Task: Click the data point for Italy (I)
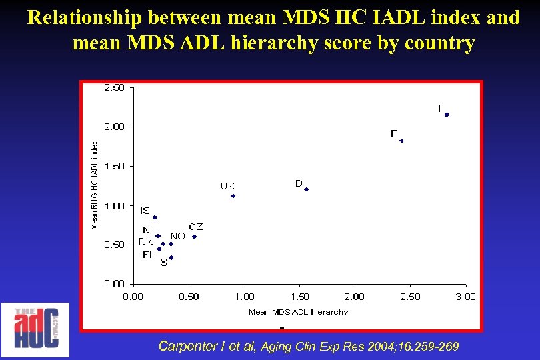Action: [x=447, y=115]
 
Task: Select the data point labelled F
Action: [x=402, y=141]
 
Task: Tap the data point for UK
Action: [x=233, y=196]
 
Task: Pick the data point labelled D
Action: [x=307, y=189]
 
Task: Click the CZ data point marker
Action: [x=194, y=237]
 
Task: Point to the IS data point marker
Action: [x=155, y=217]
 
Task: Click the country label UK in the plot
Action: [x=227, y=186]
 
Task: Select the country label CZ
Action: [x=195, y=227]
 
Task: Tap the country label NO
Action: [x=177, y=236]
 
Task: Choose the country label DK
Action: [x=146, y=241]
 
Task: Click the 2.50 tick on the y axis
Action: [x=113, y=87]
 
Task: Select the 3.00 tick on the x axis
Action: [x=465, y=297]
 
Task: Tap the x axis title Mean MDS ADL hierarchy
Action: [x=298, y=311]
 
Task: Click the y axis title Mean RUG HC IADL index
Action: [x=95, y=185]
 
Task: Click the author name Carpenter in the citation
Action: [x=186, y=346]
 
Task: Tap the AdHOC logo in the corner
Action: [x=35, y=329]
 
